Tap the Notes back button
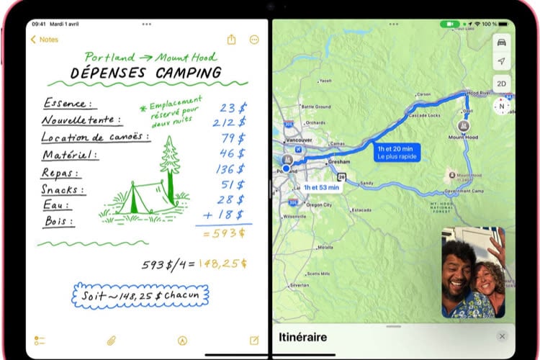(x=45, y=40)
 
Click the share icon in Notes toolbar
(x=231, y=40)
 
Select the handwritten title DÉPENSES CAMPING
(x=145, y=73)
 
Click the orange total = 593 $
(x=224, y=233)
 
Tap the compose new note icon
(x=253, y=340)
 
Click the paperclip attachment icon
(x=112, y=340)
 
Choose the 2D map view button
(x=501, y=83)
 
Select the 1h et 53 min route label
(x=321, y=187)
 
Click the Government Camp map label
(x=463, y=192)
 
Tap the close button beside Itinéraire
(x=502, y=336)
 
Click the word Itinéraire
(x=302, y=337)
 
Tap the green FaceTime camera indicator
(x=451, y=24)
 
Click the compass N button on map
(x=501, y=107)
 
